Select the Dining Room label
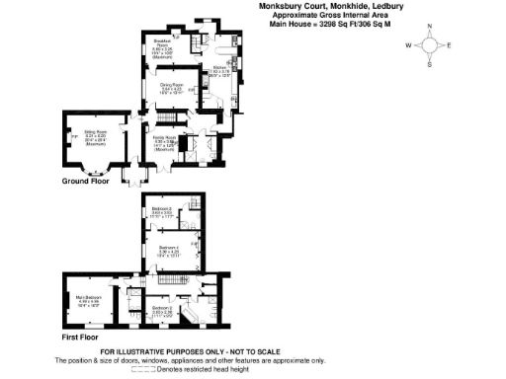(x=171, y=87)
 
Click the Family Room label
(x=163, y=138)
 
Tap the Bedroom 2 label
(x=163, y=309)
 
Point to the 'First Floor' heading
(x=78, y=337)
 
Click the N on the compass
(x=429, y=28)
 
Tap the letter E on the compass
(x=449, y=45)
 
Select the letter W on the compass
(x=408, y=45)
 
